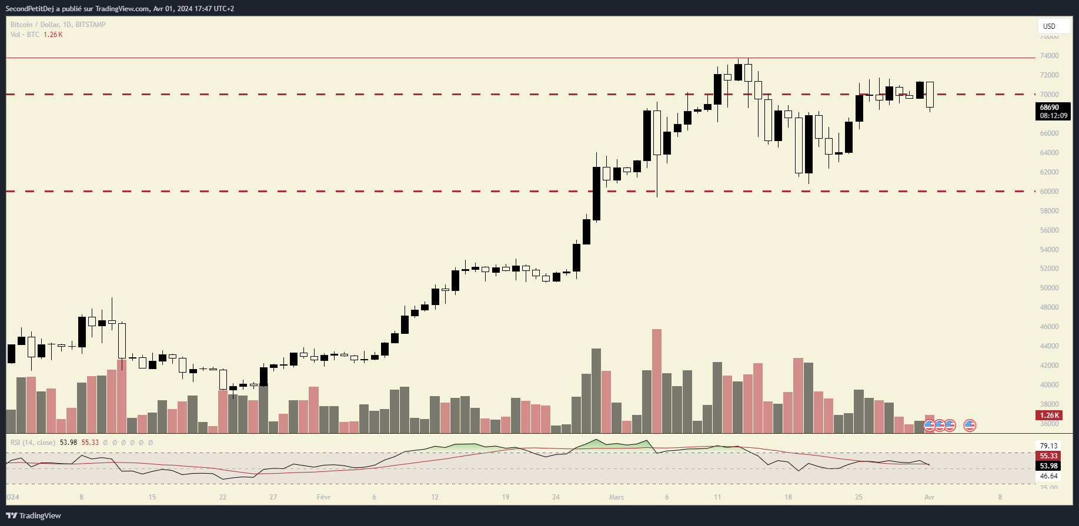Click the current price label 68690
tap(1050, 108)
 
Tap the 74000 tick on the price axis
tap(1049, 56)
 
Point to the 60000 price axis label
tap(1049, 192)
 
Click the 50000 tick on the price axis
tap(1049, 288)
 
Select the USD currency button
tap(1050, 26)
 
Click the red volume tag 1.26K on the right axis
tap(1050, 415)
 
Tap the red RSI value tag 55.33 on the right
tap(1049, 456)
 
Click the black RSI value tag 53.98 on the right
tap(1049, 466)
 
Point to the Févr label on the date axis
tap(323, 497)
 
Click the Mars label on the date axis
tap(616, 497)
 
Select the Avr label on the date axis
tap(929, 497)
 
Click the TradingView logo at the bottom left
tap(34, 515)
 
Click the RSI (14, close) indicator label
tap(33, 443)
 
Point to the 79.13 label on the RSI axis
tap(1049, 446)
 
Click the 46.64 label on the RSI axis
tap(1049, 476)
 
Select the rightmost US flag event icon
tap(970, 425)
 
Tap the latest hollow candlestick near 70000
tap(930, 94)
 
